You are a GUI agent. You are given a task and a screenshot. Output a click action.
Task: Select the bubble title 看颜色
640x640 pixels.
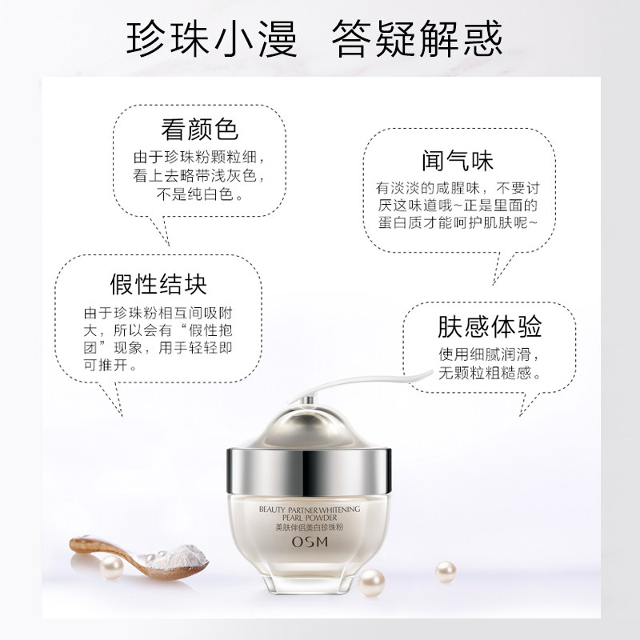[x=199, y=130]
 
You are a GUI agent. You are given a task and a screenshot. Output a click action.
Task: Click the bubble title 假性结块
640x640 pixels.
[x=158, y=284]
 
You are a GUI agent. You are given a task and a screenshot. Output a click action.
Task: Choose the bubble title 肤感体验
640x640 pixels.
[x=489, y=326]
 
